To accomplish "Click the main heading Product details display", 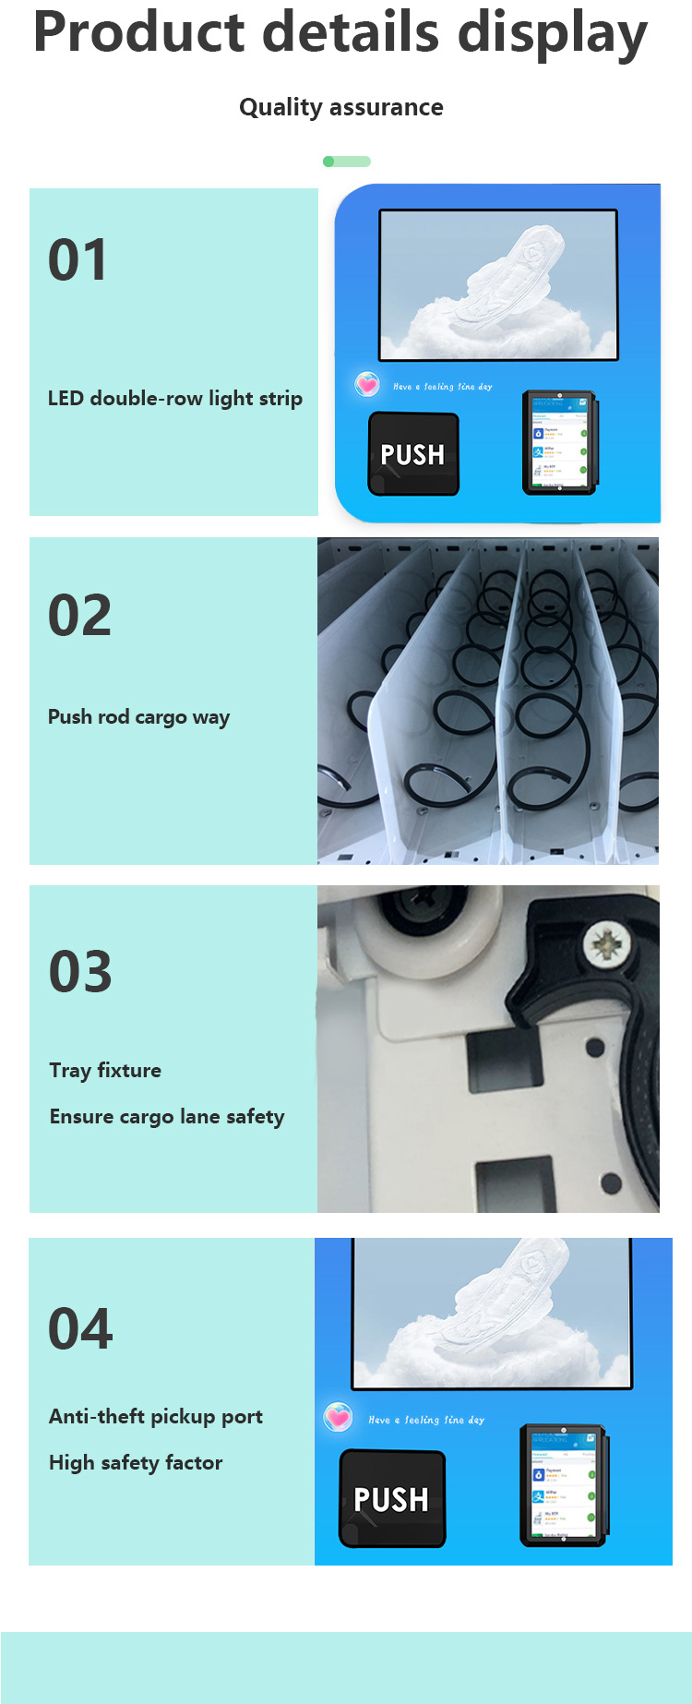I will tap(340, 33).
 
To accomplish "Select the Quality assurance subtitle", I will tap(340, 107).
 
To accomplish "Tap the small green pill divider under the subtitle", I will tap(347, 162).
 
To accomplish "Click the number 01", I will tap(78, 260).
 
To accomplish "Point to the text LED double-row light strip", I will tap(174, 399).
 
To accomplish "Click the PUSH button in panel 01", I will tap(413, 454).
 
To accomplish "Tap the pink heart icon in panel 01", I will tap(367, 384).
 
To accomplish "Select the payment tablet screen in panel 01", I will tap(559, 442).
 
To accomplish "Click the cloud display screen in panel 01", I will tap(498, 284).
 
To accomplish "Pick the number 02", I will tap(79, 616).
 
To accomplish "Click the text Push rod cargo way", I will tap(138, 717).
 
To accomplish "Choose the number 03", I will tap(80, 972).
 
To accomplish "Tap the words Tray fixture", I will tap(105, 1071).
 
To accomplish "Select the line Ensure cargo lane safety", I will tap(167, 1117).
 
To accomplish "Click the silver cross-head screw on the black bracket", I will tap(606, 944).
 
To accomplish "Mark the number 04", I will tap(80, 1329).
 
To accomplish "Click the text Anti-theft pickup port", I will tap(155, 1417).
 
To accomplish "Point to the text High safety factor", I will tap(136, 1463).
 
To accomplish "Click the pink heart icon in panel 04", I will tap(339, 1417).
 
